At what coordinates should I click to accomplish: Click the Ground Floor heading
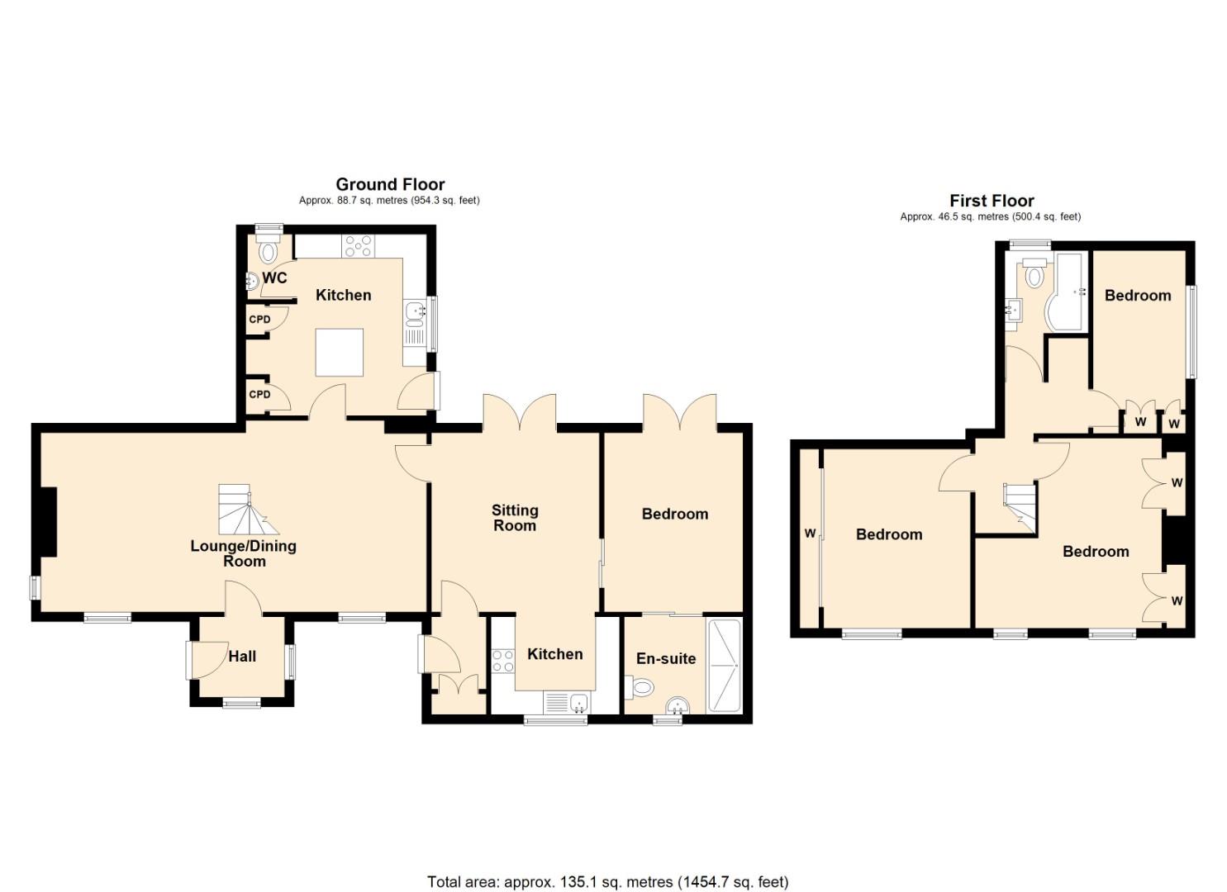pos(390,184)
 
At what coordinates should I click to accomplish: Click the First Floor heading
pos(992,201)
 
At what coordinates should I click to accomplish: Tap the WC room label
pos(274,278)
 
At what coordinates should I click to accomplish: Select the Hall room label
pos(242,657)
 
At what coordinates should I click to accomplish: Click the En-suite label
pos(665,659)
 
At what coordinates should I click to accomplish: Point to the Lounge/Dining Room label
pos(244,553)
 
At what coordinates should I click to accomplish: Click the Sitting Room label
pos(514,518)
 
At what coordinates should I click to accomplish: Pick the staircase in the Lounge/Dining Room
pos(244,510)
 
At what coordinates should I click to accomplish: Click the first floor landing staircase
pos(1018,504)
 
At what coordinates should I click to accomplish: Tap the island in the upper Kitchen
pos(340,352)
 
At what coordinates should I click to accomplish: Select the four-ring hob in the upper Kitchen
pos(359,245)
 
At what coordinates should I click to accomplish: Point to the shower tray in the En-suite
pos(725,665)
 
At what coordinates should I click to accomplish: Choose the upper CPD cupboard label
pos(259,320)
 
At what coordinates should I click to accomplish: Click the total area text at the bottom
pos(607,882)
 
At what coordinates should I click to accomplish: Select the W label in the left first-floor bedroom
pos(809,534)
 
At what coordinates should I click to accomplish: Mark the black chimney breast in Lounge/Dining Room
pos(48,521)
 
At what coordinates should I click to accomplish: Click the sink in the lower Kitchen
pos(578,704)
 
